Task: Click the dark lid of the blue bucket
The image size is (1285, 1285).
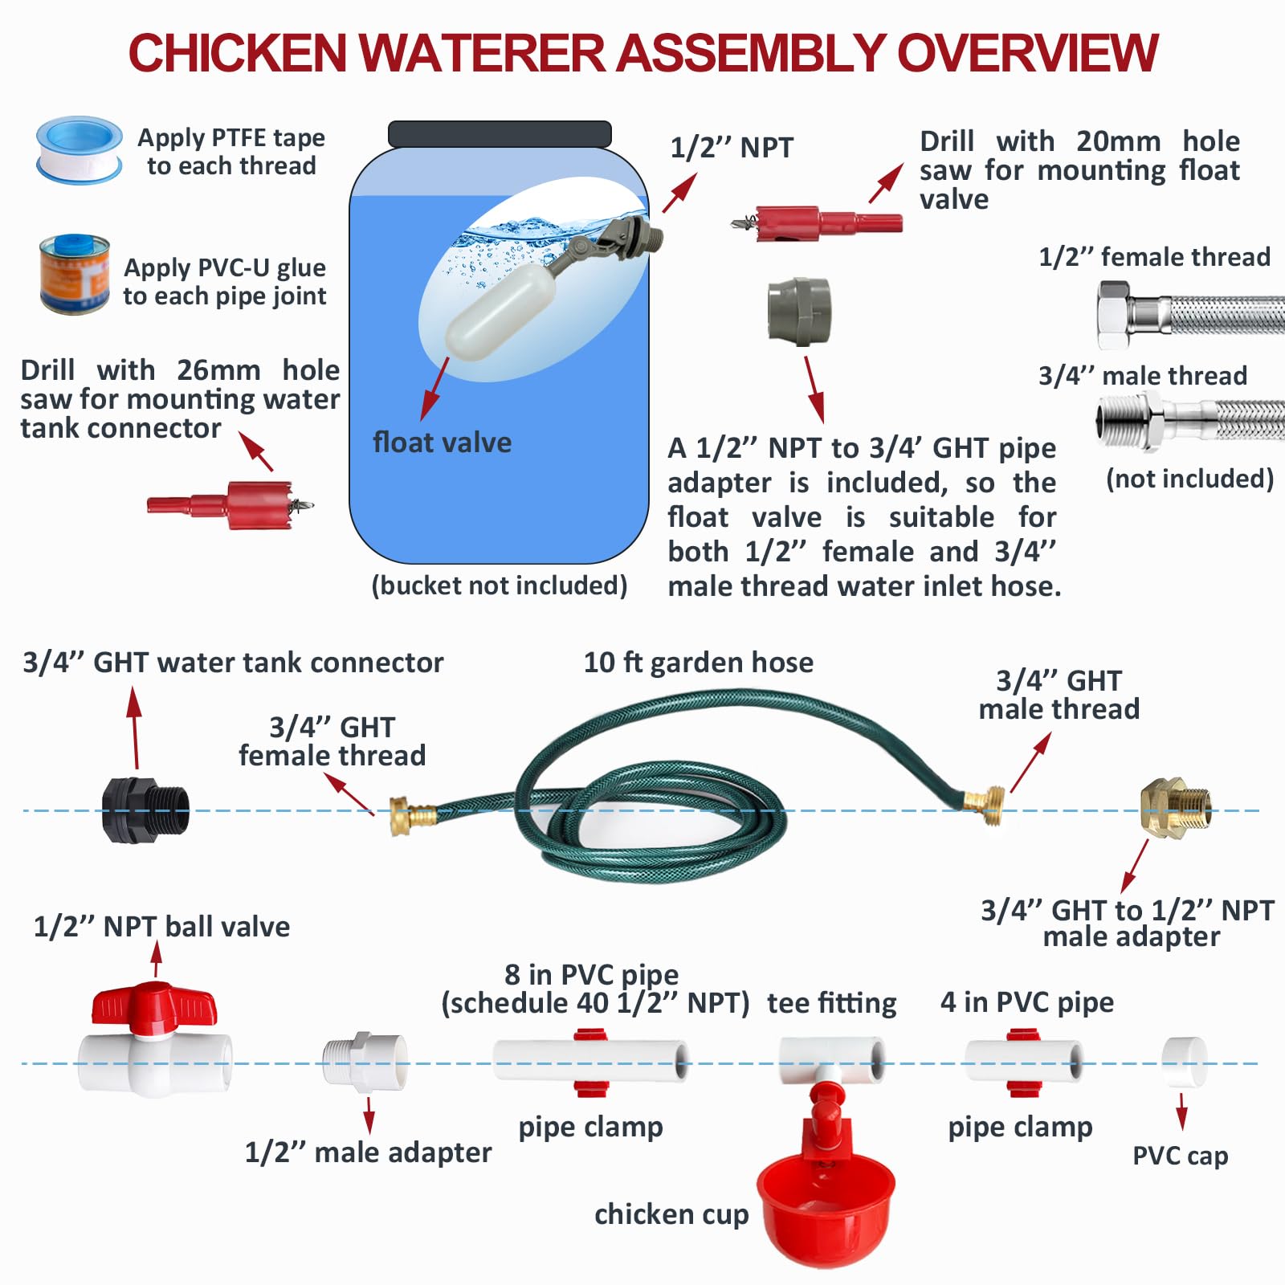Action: point(500,134)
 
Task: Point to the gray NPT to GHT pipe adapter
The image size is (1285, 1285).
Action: point(799,312)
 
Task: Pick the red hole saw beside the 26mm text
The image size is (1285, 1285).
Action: point(230,504)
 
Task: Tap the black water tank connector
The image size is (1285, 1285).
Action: point(145,810)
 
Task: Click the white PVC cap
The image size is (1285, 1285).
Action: point(1185,1063)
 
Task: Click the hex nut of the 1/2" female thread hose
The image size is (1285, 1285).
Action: point(1115,315)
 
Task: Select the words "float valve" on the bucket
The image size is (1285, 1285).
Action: point(442,443)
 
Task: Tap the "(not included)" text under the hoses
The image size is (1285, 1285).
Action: point(1189,479)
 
